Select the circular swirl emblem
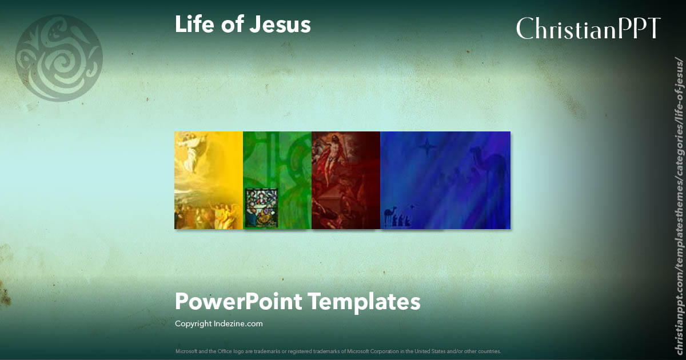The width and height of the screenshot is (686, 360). coord(59,58)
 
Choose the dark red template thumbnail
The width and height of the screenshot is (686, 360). coord(346,180)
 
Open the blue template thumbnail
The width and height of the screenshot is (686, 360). coord(445,180)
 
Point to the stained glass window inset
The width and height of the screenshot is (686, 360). coord(262,208)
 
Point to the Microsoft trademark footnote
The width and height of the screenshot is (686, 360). coord(338,351)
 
